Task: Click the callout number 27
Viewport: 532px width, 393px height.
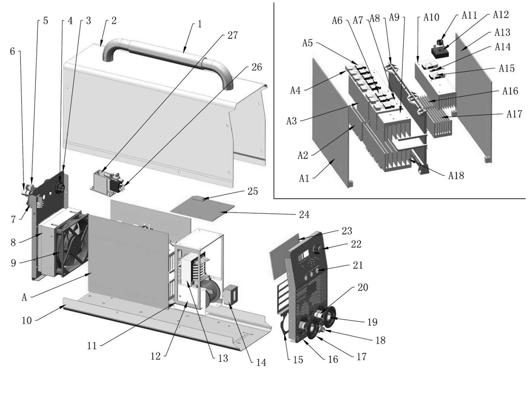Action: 232,35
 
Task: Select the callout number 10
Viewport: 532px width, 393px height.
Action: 26,320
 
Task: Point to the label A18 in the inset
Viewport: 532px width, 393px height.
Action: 456,175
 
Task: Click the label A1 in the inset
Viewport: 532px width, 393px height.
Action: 304,178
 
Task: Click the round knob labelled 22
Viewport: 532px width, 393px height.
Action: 318,249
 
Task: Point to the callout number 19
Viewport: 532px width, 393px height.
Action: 372,322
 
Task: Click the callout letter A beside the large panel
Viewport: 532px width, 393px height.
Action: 24,297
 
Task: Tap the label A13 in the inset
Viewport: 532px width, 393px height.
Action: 502,32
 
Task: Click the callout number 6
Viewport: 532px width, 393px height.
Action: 12,51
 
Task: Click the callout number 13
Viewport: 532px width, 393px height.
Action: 223,358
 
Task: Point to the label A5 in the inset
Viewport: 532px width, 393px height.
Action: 307,43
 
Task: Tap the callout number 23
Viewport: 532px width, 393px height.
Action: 346,231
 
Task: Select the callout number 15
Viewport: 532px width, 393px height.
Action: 298,359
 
